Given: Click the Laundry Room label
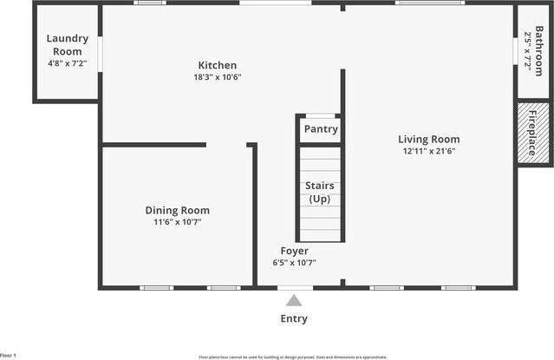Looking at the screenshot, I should click(x=66, y=45).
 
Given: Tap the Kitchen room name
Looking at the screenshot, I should click(x=217, y=66).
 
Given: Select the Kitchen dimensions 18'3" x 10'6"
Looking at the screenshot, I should click(x=217, y=77).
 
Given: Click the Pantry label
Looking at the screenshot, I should click(x=321, y=130).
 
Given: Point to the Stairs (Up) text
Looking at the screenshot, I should click(x=320, y=193).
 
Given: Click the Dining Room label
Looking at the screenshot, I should click(x=177, y=210).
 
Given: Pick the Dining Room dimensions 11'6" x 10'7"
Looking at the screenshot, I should click(x=177, y=222).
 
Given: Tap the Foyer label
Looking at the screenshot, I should click(x=294, y=252).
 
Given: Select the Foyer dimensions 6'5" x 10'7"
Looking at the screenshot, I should click(x=294, y=263).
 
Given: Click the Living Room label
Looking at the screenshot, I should click(x=428, y=139).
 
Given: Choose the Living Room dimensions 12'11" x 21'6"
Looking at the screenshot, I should click(x=428, y=151).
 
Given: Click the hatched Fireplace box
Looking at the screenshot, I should click(x=532, y=133).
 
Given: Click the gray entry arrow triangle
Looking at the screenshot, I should click(x=294, y=301).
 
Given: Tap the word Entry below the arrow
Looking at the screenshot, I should click(x=294, y=318).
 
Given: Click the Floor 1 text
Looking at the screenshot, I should click(x=9, y=356).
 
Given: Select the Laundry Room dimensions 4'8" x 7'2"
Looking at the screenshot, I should click(x=66, y=63).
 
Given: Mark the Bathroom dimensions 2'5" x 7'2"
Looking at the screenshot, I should click(x=526, y=52).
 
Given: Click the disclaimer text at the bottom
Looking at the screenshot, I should click(x=292, y=357).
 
